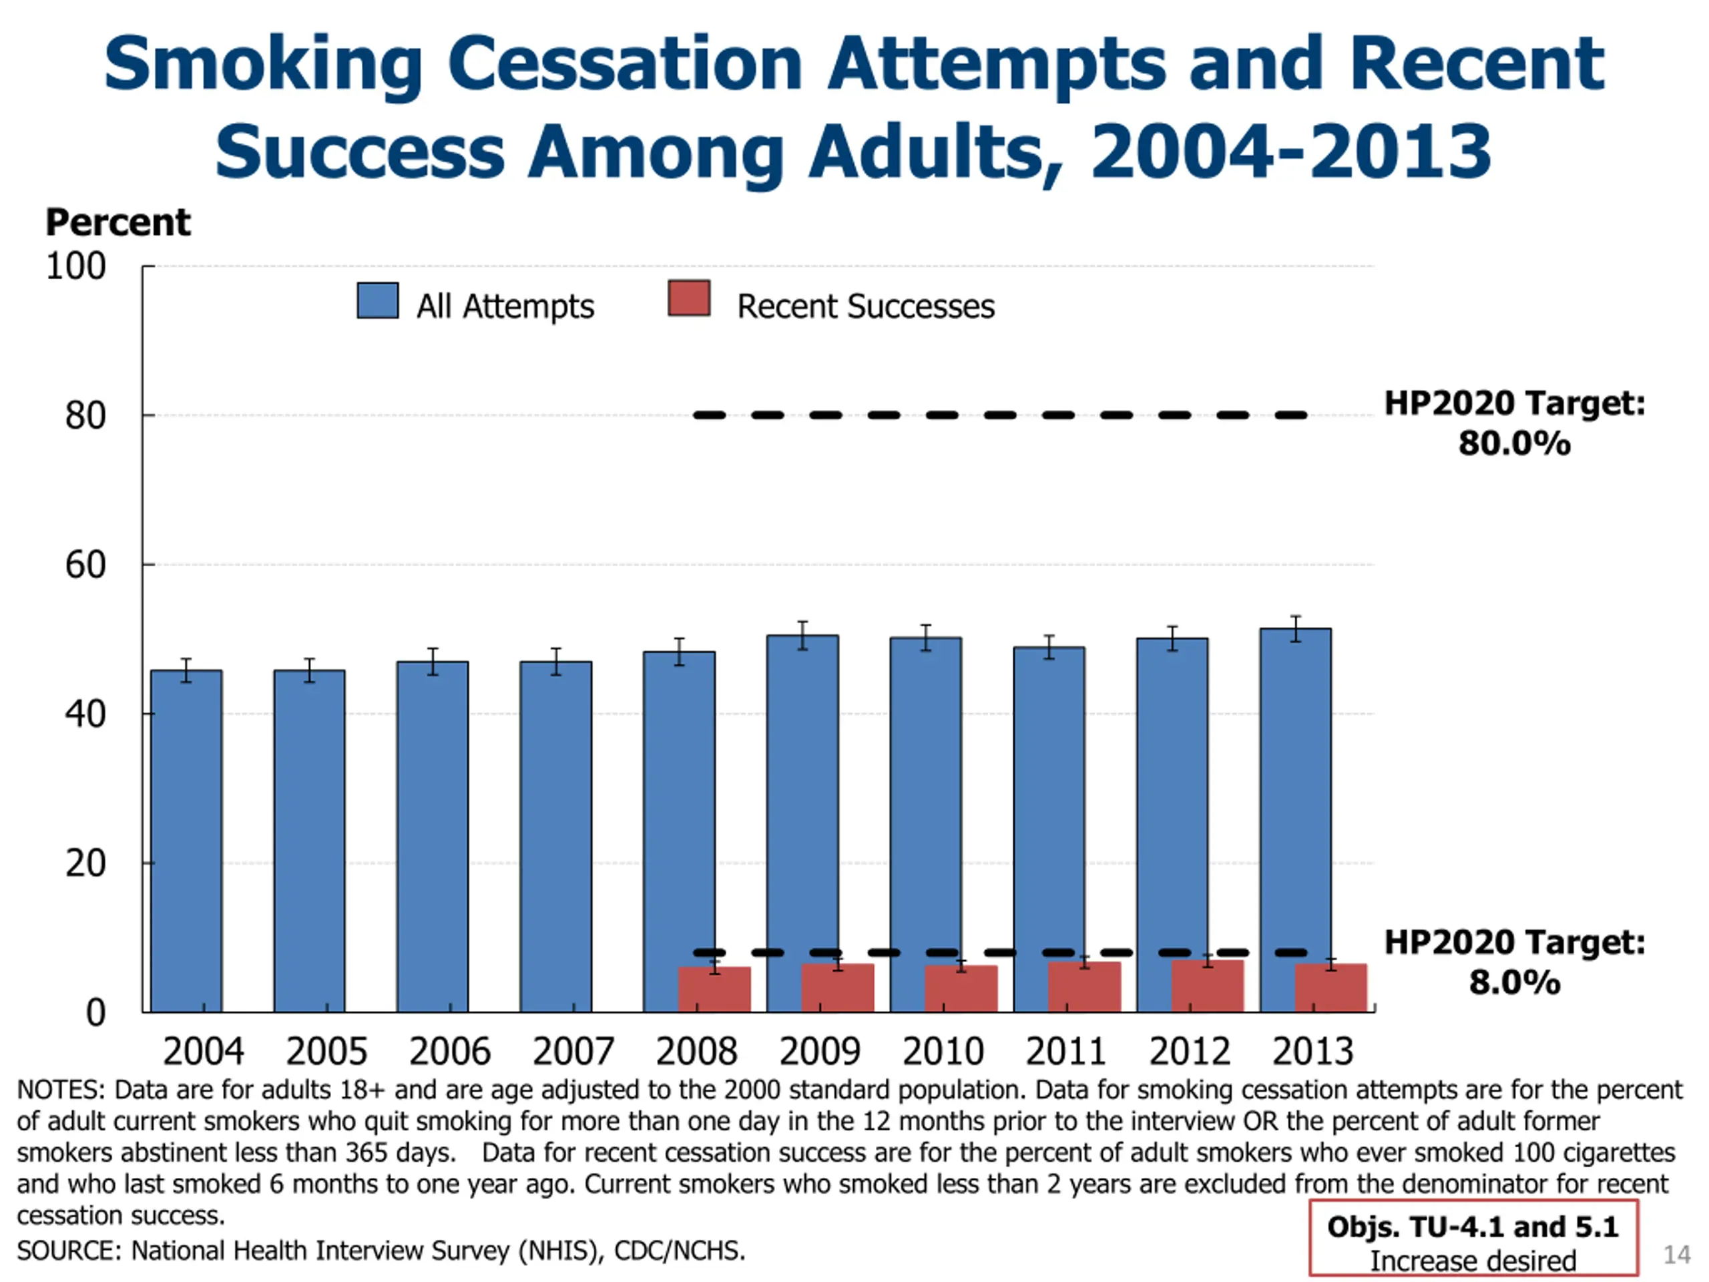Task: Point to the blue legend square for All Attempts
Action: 378,300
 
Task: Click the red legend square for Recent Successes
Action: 689,298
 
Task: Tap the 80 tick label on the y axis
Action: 85,416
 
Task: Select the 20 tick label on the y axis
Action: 85,863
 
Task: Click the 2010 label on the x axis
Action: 943,1051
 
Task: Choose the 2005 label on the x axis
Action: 326,1051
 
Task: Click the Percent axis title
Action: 117,222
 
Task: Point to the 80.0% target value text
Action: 1513,443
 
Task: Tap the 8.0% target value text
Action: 1513,983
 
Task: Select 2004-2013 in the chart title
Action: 1290,152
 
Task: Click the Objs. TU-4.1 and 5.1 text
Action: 1472,1227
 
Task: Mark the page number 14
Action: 1676,1253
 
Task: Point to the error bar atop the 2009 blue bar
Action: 802,635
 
